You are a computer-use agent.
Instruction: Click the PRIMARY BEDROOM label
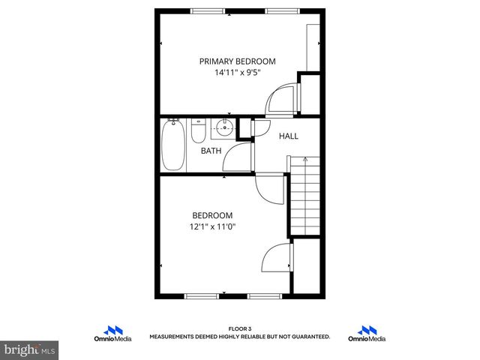237,61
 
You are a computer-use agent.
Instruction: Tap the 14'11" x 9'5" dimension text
237,73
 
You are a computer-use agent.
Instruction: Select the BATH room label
211,151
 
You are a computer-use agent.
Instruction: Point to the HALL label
289,136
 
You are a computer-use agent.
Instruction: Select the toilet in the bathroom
199,131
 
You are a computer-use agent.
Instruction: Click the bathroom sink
223,127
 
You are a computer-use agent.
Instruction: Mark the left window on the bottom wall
202,295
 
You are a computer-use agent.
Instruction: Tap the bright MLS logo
28,350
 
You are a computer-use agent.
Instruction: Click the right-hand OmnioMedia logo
367,334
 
